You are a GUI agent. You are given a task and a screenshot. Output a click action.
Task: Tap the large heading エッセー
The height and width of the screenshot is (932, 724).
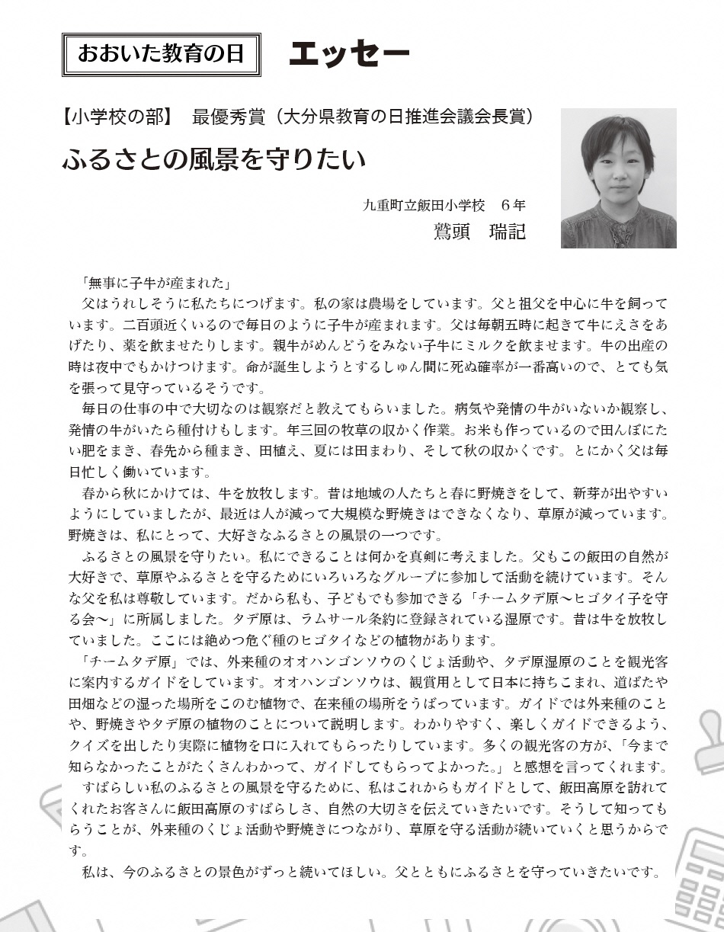pyautogui.click(x=350, y=53)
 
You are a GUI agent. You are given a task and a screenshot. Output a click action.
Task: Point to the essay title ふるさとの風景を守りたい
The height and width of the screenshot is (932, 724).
pyautogui.click(x=214, y=160)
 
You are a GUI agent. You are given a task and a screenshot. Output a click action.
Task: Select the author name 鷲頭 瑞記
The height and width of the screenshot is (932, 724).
pyautogui.click(x=479, y=230)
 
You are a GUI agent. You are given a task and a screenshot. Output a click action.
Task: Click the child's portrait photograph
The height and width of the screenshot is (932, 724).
pyautogui.click(x=618, y=178)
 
